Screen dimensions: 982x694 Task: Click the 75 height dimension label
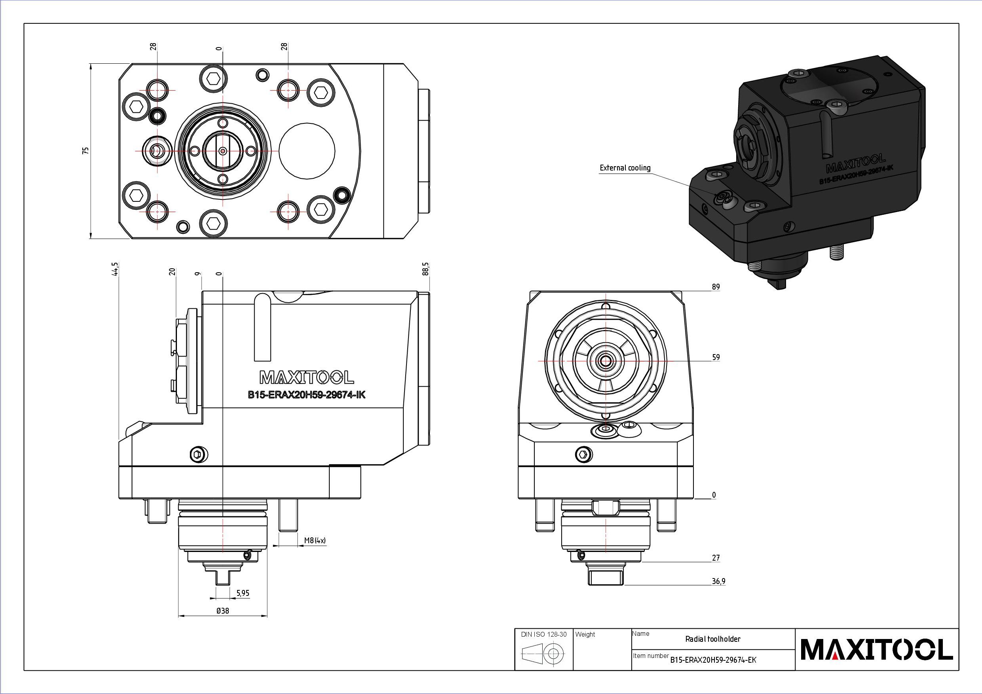click(x=86, y=150)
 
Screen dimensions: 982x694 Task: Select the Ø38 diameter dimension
click(x=223, y=611)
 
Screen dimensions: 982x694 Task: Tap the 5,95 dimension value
click(x=243, y=593)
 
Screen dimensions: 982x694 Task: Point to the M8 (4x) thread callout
click(x=315, y=540)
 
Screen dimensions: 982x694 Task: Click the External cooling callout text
click(x=625, y=168)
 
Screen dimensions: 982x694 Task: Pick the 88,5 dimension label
click(x=425, y=269)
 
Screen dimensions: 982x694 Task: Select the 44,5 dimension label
click(x=115, y=269)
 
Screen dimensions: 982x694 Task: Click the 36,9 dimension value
click(x=718, y=581)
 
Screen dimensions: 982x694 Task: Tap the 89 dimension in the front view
click(x=716, y=287)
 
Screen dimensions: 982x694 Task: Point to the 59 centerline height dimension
click(x=716, y=357)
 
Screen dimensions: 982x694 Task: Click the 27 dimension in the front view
click(x=716, y=557)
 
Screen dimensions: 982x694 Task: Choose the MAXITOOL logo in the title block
click(x=876, y=650)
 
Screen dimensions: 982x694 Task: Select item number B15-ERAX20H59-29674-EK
click(x=713, y=660)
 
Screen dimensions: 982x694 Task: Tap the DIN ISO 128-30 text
click(x=543, y=635)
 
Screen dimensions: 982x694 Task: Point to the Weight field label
click(x=585, y=635)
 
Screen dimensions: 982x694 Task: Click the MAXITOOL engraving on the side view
click(x=307, y=377)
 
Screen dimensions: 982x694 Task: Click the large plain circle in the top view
click(x=307, y=151)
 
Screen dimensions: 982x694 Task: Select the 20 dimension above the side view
click(x=172, y=271)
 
